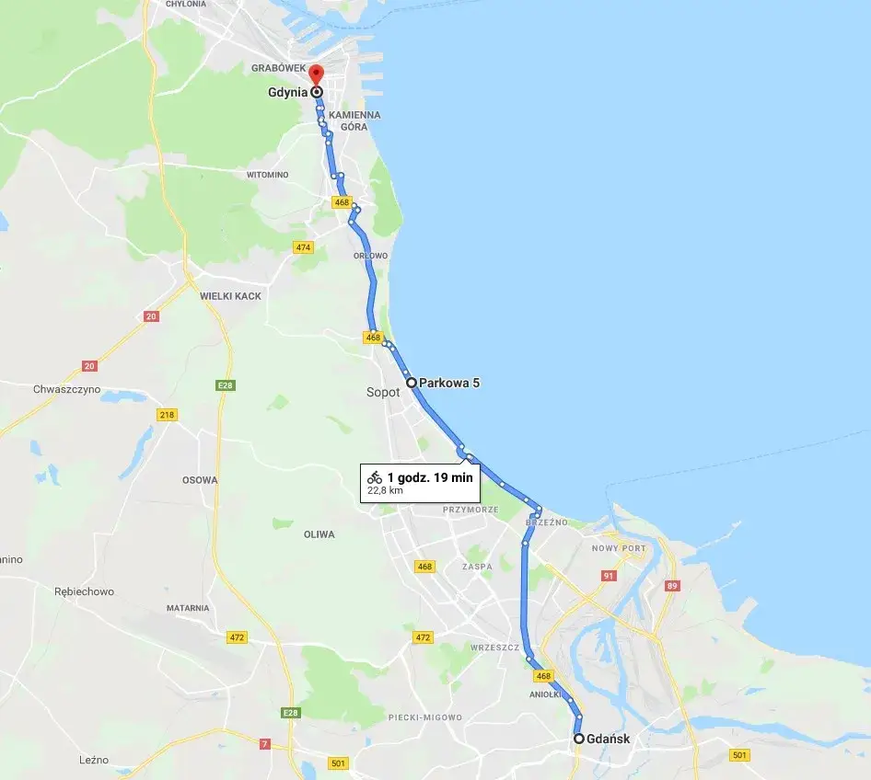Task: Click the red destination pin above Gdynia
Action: coord(315,75)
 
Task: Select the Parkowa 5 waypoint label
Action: coord(449,382)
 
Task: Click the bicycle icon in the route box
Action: coord(375,476)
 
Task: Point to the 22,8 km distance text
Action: coord(385,490)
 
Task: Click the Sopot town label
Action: coord(383,392)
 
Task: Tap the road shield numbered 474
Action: coord(303,247)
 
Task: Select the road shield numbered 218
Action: coord(167,415)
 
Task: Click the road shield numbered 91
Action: coord(608,576)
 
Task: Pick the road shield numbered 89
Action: coord(672,586)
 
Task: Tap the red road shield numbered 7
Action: coord(265,743)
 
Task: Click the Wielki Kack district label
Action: coord(230,296)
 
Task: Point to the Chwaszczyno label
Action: coord(66,389)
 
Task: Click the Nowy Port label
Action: coord(619,548)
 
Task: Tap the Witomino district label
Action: coord(267,175)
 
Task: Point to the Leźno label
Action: coord(94,760)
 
